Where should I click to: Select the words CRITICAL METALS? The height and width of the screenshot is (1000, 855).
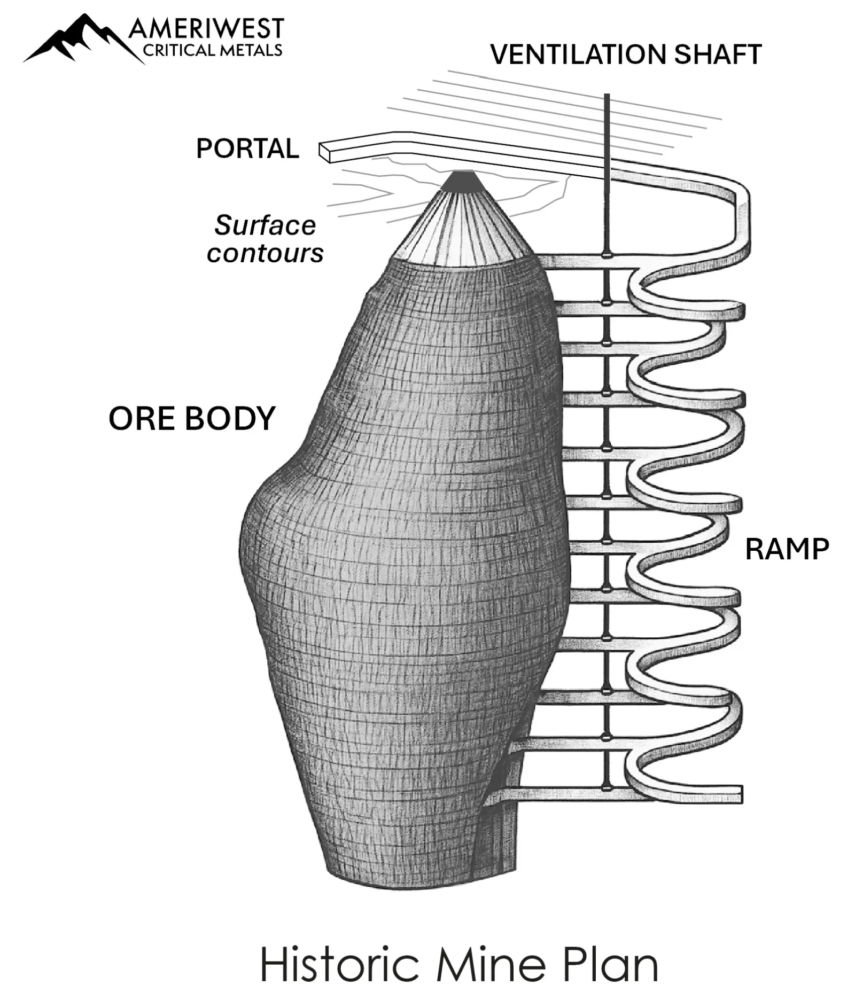[x=212, y=50]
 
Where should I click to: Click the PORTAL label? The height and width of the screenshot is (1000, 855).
[x=247, y=149]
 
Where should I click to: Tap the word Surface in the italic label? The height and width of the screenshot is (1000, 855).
[x=265, y=225]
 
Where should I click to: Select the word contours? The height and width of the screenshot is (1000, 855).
[x=265, y=253]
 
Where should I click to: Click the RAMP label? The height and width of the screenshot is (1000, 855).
[x=787, y=549]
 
